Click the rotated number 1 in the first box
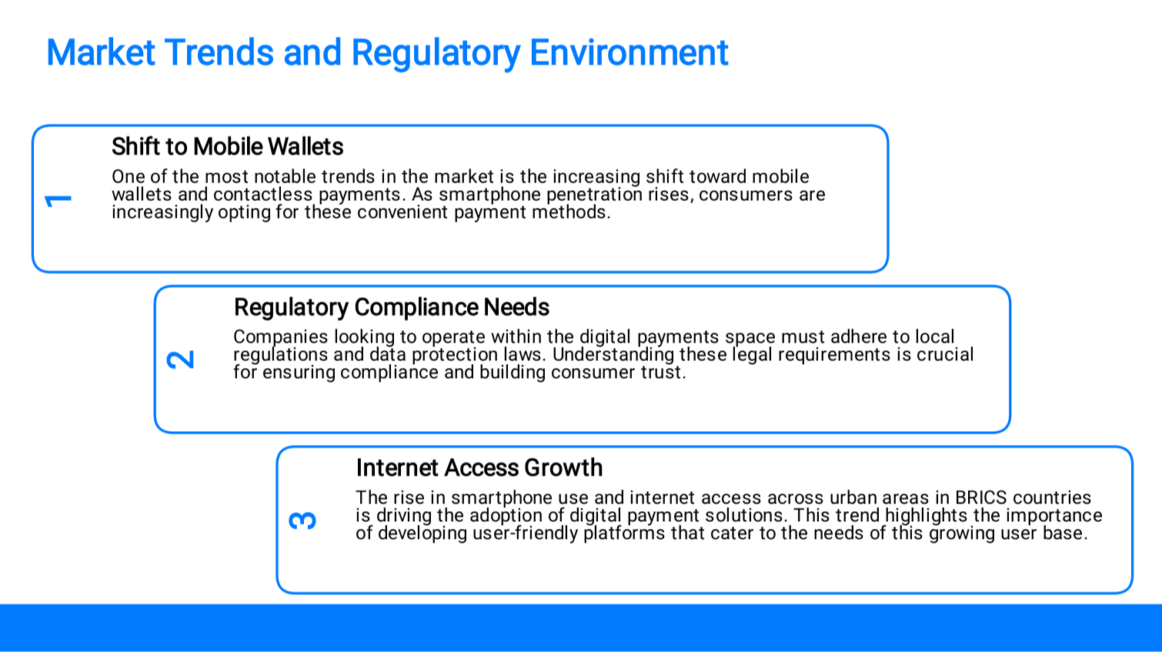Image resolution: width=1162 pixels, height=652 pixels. click(x=58, y=200)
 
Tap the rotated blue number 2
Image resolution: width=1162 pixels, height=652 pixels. click(x=180, y=359)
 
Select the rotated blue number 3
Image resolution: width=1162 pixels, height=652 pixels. click(x=302, y=520)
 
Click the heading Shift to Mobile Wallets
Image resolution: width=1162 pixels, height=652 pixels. click(x=227, y=147)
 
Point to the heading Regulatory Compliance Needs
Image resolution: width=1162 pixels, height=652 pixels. click(x=391, y=308)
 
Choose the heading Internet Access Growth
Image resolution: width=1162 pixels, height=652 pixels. click(x=479, y=468)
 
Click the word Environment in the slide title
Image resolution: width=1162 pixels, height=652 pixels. click(x=629, y=53)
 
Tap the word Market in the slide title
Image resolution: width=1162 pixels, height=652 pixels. click(x=101, y=53)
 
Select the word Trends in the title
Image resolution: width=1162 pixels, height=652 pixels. click(x=219, y=53)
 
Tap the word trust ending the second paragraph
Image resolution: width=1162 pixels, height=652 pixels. click(x=663, y=373)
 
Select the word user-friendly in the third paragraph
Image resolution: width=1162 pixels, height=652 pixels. click(x=525, y=533)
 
